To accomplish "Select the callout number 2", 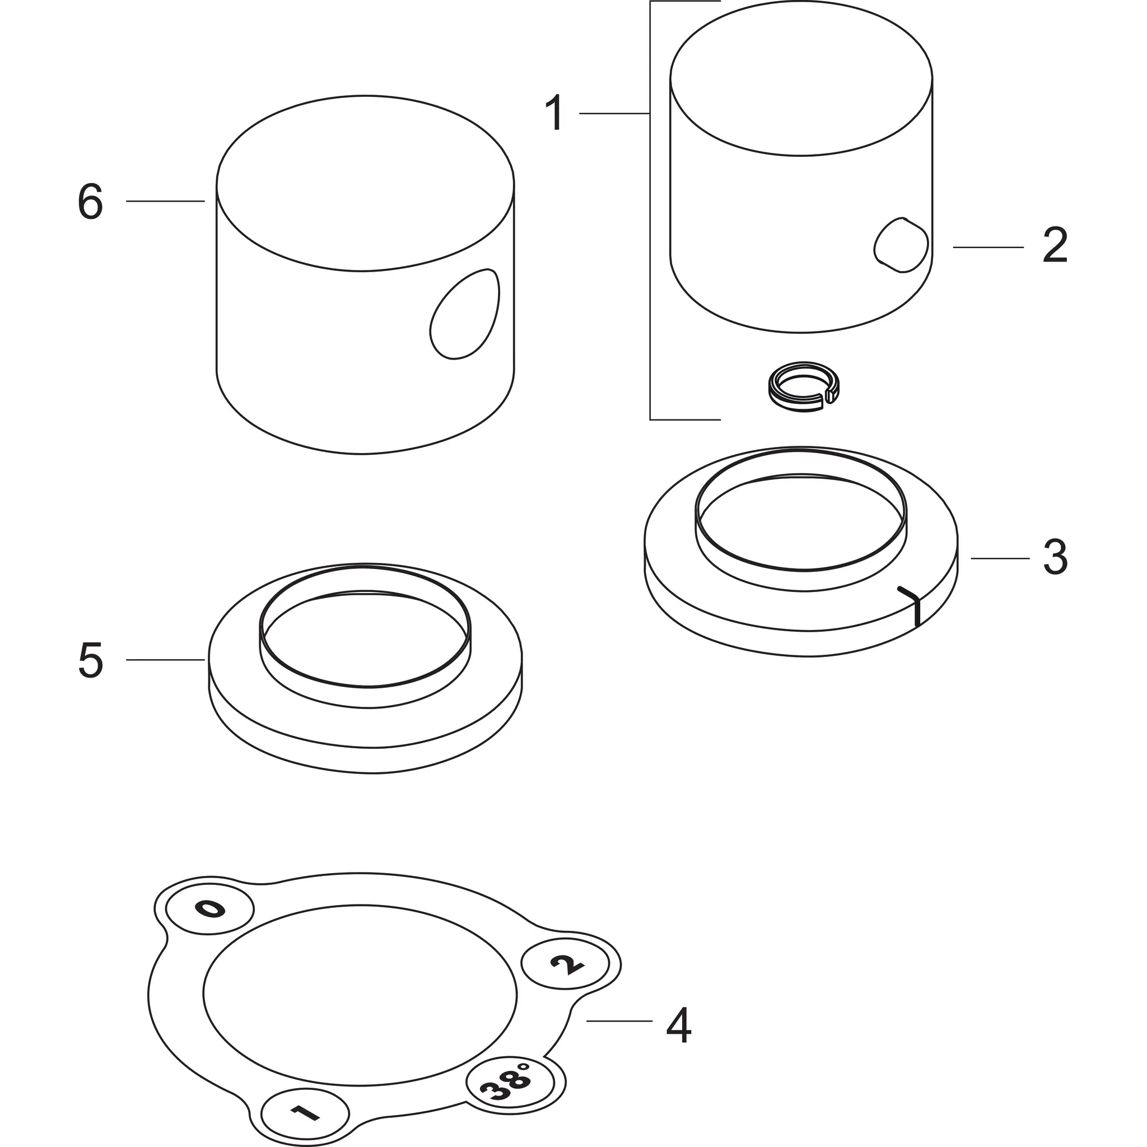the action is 1055,246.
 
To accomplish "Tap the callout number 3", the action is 1056,557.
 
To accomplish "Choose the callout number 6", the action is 90,202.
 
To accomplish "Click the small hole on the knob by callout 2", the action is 901,245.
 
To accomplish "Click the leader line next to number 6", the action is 166,201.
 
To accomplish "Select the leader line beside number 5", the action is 166,660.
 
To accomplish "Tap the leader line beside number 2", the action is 989,247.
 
